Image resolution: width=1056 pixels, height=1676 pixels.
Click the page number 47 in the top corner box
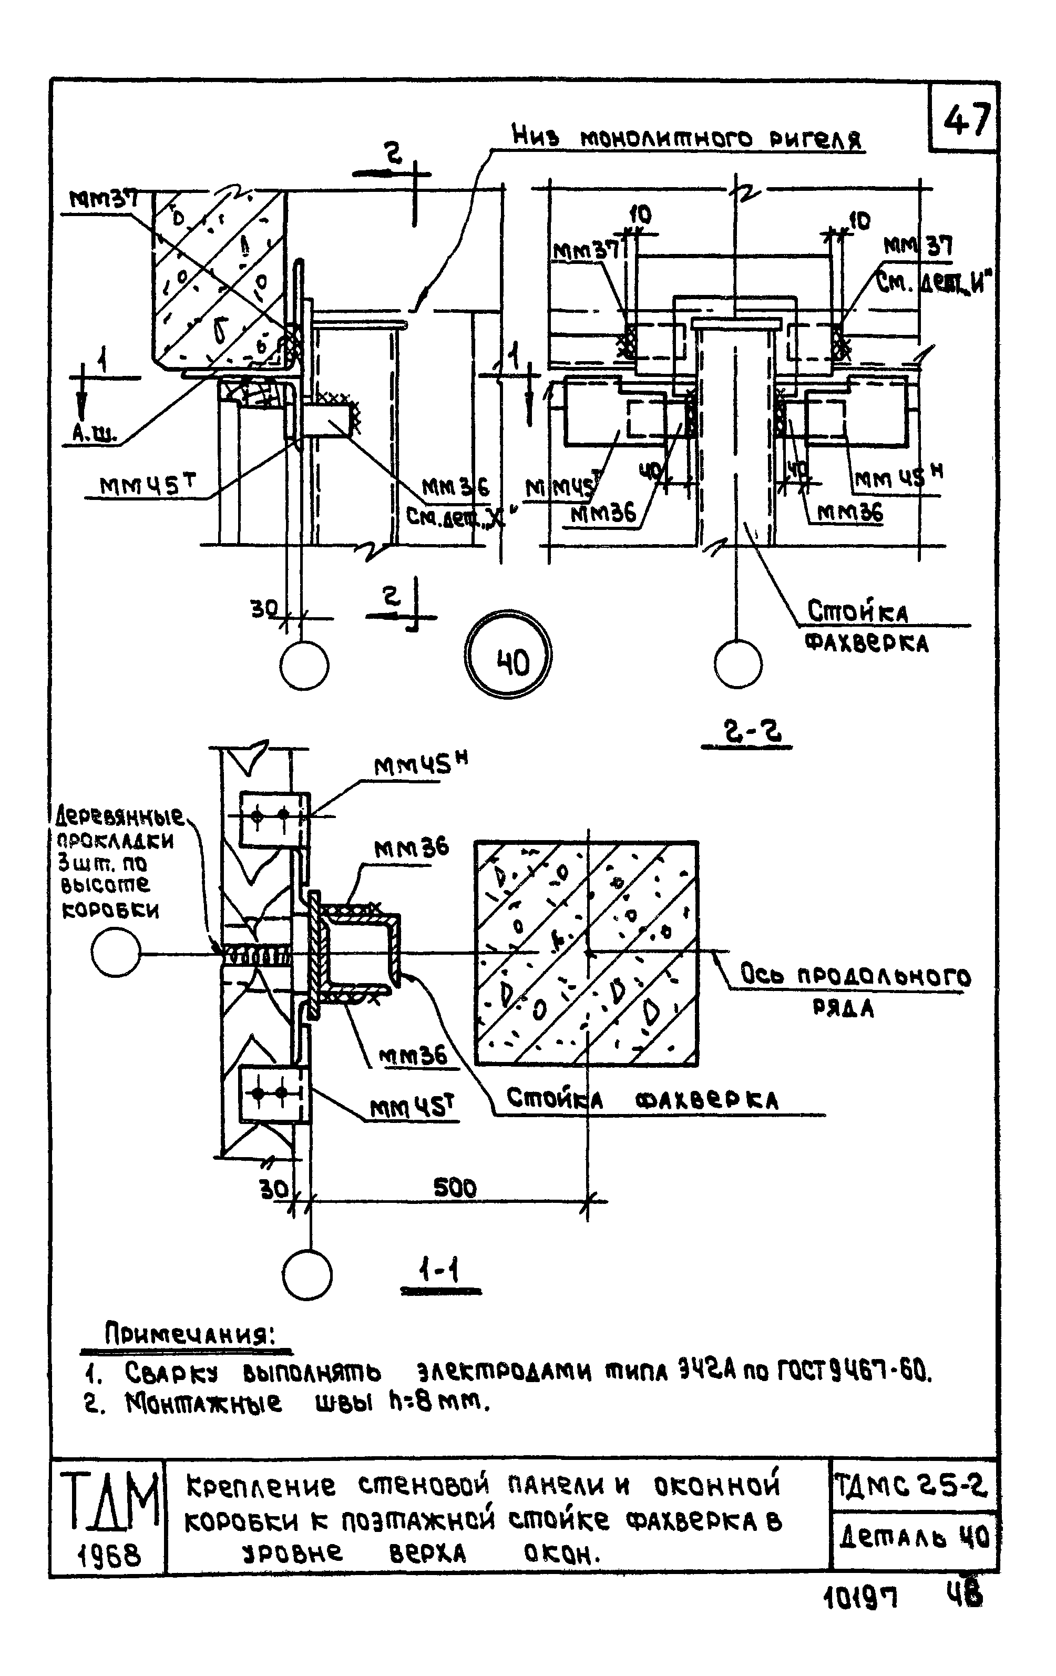pyautogui.click(x=966, y=120)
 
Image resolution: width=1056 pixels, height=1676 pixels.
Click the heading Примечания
pyautogui.click(x=189, y=1333)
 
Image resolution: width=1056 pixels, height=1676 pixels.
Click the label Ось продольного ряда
pyautogui.click(x=854, y=988)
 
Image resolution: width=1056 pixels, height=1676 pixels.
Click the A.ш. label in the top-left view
pyautogui.click(x=95, y=434)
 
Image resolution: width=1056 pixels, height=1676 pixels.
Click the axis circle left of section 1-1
pyautogui.click(x=116, y=953)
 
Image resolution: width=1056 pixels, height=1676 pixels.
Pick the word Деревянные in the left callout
pyautogui.click(x=120, y=816)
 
